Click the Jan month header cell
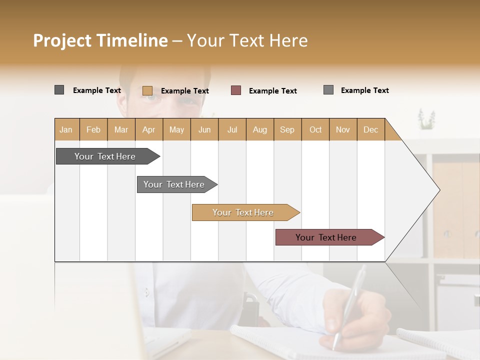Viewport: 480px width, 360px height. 66,129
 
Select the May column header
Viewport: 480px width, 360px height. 176,129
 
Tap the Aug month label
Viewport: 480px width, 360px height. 259,129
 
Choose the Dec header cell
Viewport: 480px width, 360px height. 370,129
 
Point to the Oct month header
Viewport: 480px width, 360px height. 315,129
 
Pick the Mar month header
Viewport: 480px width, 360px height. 121,129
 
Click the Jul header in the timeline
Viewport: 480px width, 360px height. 232,129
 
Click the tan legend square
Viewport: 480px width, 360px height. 147,90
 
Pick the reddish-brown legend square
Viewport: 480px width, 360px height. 236,90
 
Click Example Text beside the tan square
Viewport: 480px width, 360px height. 184,91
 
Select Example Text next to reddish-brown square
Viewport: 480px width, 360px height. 272,91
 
